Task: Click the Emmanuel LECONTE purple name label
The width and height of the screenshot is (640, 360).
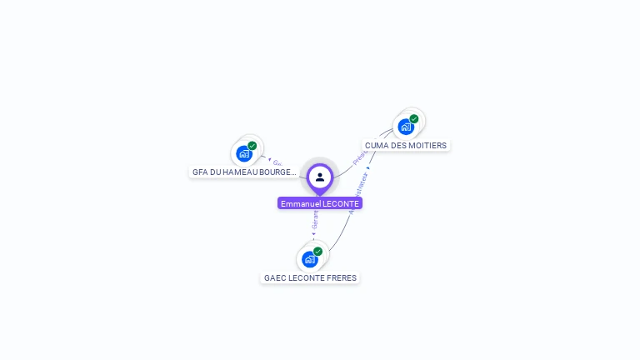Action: point(320,203)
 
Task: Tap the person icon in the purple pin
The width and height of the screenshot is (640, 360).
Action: point(320,177)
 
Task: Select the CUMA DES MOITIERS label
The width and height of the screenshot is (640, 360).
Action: point(406,145)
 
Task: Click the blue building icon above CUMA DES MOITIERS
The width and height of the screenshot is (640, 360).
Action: point(405,127)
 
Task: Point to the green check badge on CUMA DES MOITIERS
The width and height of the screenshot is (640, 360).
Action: point(414,119)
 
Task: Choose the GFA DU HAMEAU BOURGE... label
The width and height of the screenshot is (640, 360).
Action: point(244,172)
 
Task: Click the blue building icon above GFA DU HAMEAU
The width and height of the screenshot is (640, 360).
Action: point(243,153)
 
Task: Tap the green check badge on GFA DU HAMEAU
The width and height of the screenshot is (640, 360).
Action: point(252,146)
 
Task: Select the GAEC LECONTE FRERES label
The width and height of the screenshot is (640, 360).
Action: point(310,277)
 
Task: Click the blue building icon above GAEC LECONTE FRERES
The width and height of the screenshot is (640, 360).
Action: point(309,259)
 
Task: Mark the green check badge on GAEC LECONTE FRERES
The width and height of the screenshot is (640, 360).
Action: point(317,251)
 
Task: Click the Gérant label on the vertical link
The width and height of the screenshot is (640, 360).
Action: point(315,219)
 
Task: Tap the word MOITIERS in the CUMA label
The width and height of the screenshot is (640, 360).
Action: point(428,145)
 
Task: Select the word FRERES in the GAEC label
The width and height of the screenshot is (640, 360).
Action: point(341,277)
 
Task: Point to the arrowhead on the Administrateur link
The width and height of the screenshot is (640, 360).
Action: point(368,168)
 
